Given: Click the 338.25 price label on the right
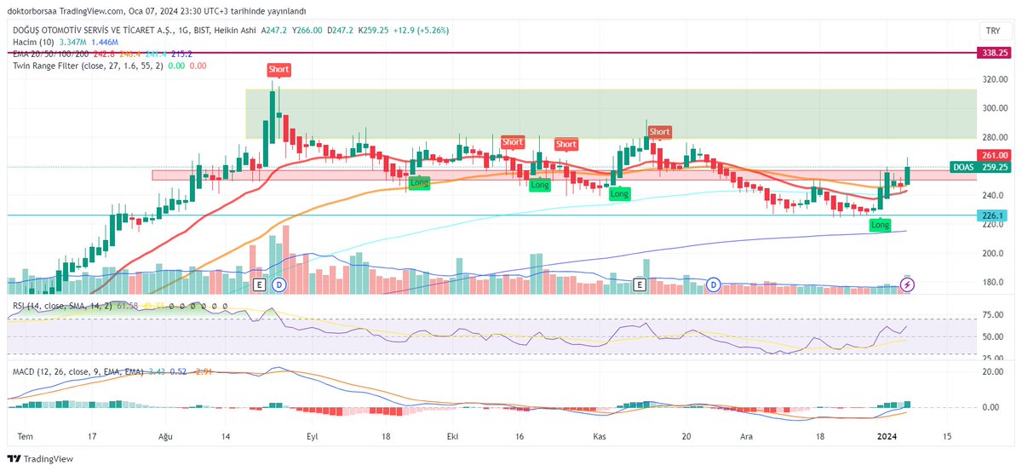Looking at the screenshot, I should tap(993, 52).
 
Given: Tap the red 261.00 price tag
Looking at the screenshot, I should tap(993, 156).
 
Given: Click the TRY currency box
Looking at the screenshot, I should tap(992, 30).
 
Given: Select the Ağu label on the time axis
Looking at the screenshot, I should tap(166, 435).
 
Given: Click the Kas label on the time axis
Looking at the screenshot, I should tap(600, 435).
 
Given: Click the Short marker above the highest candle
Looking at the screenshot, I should tap(278, 69).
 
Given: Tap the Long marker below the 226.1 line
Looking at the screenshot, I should tap(880, 225).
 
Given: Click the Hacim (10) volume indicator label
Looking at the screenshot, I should tap(32, 41).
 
